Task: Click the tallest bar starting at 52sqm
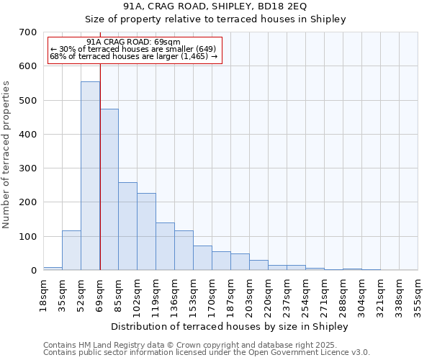90,176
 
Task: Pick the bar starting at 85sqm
127,226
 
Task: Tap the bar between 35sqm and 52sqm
71,250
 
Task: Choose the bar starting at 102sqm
146,231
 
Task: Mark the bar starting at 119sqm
165,246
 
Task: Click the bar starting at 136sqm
184,250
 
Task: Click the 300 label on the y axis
28,168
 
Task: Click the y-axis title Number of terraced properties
7,155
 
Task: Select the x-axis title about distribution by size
230,327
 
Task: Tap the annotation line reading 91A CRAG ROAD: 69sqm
133,42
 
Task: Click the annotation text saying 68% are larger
133,56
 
